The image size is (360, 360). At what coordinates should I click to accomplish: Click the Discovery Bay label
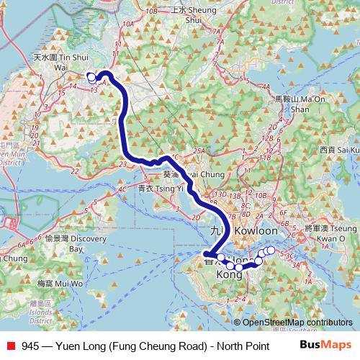pos(72,243)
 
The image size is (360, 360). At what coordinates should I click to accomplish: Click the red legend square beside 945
pos(9,345)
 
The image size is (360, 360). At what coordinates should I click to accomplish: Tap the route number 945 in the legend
pos(30,345)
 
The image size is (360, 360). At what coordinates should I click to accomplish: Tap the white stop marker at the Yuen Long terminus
pos(91,77)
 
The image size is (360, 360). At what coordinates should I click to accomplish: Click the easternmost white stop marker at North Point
pos(271,250)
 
